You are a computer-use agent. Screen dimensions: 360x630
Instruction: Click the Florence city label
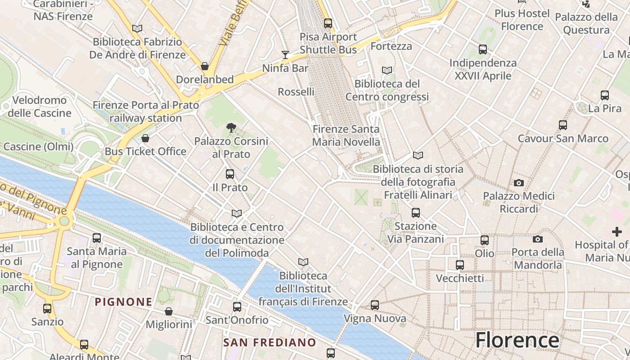click(517, 340)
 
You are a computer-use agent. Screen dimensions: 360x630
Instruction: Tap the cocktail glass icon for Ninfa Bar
click(285, 55)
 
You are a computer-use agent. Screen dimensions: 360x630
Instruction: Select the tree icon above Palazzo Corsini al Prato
click(231, 128)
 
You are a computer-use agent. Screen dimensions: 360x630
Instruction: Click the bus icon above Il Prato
click(230, 174)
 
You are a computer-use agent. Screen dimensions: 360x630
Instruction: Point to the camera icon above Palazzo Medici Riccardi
click(519, 183)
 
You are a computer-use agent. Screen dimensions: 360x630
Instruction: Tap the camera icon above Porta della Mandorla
click(537, 239)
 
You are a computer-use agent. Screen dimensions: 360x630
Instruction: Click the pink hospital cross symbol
click(617, 232)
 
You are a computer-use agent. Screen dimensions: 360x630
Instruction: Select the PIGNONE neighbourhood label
click(123, 301)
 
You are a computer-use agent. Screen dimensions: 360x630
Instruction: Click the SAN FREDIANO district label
click(270, 342)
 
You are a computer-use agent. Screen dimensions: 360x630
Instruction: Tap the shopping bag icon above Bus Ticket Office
click(145, 138)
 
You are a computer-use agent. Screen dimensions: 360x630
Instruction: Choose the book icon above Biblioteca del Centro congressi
click(387, 70)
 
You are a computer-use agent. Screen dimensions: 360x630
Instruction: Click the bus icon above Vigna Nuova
click(375, 305)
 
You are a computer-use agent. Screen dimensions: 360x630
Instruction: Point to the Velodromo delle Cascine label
click(40, 106)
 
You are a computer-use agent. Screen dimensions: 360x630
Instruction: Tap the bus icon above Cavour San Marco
click(562, 125)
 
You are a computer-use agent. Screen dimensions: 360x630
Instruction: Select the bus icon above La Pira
click(605, 95)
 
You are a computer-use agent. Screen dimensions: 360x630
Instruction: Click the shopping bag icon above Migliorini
click(169, 311)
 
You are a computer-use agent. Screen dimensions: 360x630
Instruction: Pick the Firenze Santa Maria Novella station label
click(346, 135)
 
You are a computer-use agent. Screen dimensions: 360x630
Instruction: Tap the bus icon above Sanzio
click(47, 309)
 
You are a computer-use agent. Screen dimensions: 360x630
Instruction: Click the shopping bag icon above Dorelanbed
click(205, 66)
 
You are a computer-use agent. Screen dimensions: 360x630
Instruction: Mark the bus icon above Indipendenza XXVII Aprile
click(483, 49)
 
